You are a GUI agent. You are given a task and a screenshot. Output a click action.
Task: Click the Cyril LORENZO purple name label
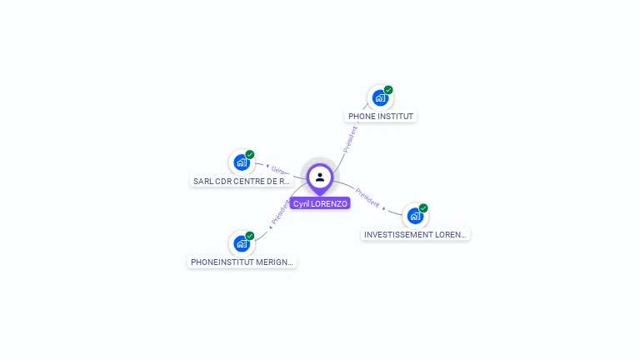tap(320, 203)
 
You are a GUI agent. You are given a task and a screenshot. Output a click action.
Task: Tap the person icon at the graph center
tap(320, 177)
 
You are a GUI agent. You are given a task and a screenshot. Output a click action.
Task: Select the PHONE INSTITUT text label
tap(380, 117)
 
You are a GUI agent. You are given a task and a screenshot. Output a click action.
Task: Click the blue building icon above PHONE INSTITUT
tap(380, 98)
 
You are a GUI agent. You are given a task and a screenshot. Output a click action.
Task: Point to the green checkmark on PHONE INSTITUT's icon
tap(388, 90)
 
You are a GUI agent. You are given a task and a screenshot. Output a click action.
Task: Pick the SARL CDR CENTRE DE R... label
tap(241, 181)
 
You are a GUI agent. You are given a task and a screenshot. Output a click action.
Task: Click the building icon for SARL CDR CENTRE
tap(242, 162)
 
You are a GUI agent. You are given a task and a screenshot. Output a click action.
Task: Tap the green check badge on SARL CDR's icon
tap(250, 154)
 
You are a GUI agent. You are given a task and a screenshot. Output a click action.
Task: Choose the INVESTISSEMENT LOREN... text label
tap(416, 235)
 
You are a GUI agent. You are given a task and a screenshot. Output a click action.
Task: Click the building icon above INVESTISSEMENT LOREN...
tap(415, 216)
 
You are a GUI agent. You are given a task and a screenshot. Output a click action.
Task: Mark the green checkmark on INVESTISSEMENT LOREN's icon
tap(423, 207)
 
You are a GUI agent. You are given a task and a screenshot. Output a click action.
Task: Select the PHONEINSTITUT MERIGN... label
tap(242, 262)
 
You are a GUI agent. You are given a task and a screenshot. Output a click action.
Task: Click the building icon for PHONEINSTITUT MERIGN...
tap(242, 243)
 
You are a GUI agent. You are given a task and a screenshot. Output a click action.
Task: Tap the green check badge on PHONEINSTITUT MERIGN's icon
tap(250, 235)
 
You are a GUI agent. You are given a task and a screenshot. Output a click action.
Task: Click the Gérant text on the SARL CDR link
tap(281, 171)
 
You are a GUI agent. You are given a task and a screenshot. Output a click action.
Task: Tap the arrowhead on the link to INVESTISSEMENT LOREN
tap(383, 206)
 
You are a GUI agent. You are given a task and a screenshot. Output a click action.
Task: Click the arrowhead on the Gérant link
tap(267, 167)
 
